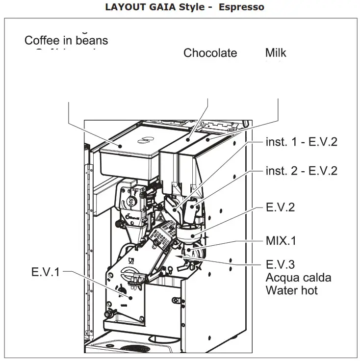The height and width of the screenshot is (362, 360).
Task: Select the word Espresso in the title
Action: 241,7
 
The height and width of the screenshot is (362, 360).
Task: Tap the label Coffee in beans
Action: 66,40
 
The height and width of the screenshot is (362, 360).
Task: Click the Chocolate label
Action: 210,53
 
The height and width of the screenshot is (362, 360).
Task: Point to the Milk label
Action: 276,53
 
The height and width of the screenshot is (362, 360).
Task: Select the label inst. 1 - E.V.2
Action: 302,142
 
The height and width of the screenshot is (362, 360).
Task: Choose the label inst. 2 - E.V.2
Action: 302,171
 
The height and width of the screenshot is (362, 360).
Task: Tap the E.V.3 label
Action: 280,265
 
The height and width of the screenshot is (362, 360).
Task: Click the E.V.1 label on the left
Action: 45,272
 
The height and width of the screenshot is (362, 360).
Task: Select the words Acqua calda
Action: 298,278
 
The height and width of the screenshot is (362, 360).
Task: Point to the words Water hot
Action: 291,290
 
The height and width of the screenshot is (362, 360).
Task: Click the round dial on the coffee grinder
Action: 131,202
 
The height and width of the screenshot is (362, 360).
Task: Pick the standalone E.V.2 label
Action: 280,207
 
